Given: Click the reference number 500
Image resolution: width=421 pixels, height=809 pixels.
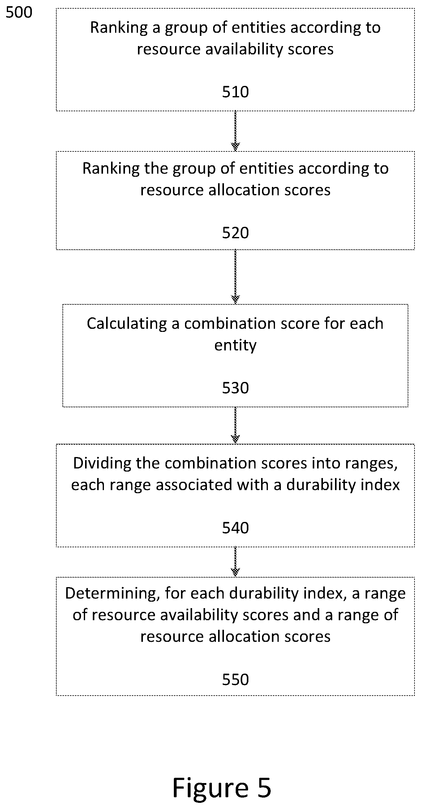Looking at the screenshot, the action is [19, 13].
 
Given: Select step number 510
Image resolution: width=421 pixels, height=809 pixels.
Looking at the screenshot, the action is [235, 92].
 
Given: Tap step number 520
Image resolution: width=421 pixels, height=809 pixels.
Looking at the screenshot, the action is [235, 233].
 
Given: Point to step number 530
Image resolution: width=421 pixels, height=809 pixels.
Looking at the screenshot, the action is [235, 388].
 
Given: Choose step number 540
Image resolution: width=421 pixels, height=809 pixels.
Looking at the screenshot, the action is [235, 528].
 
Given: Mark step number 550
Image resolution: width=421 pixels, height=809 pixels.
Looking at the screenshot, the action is [235, 679].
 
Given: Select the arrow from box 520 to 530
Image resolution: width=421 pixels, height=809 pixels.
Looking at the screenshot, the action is [235, 277].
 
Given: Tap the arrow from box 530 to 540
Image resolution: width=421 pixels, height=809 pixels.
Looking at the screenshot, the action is [235, 425].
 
